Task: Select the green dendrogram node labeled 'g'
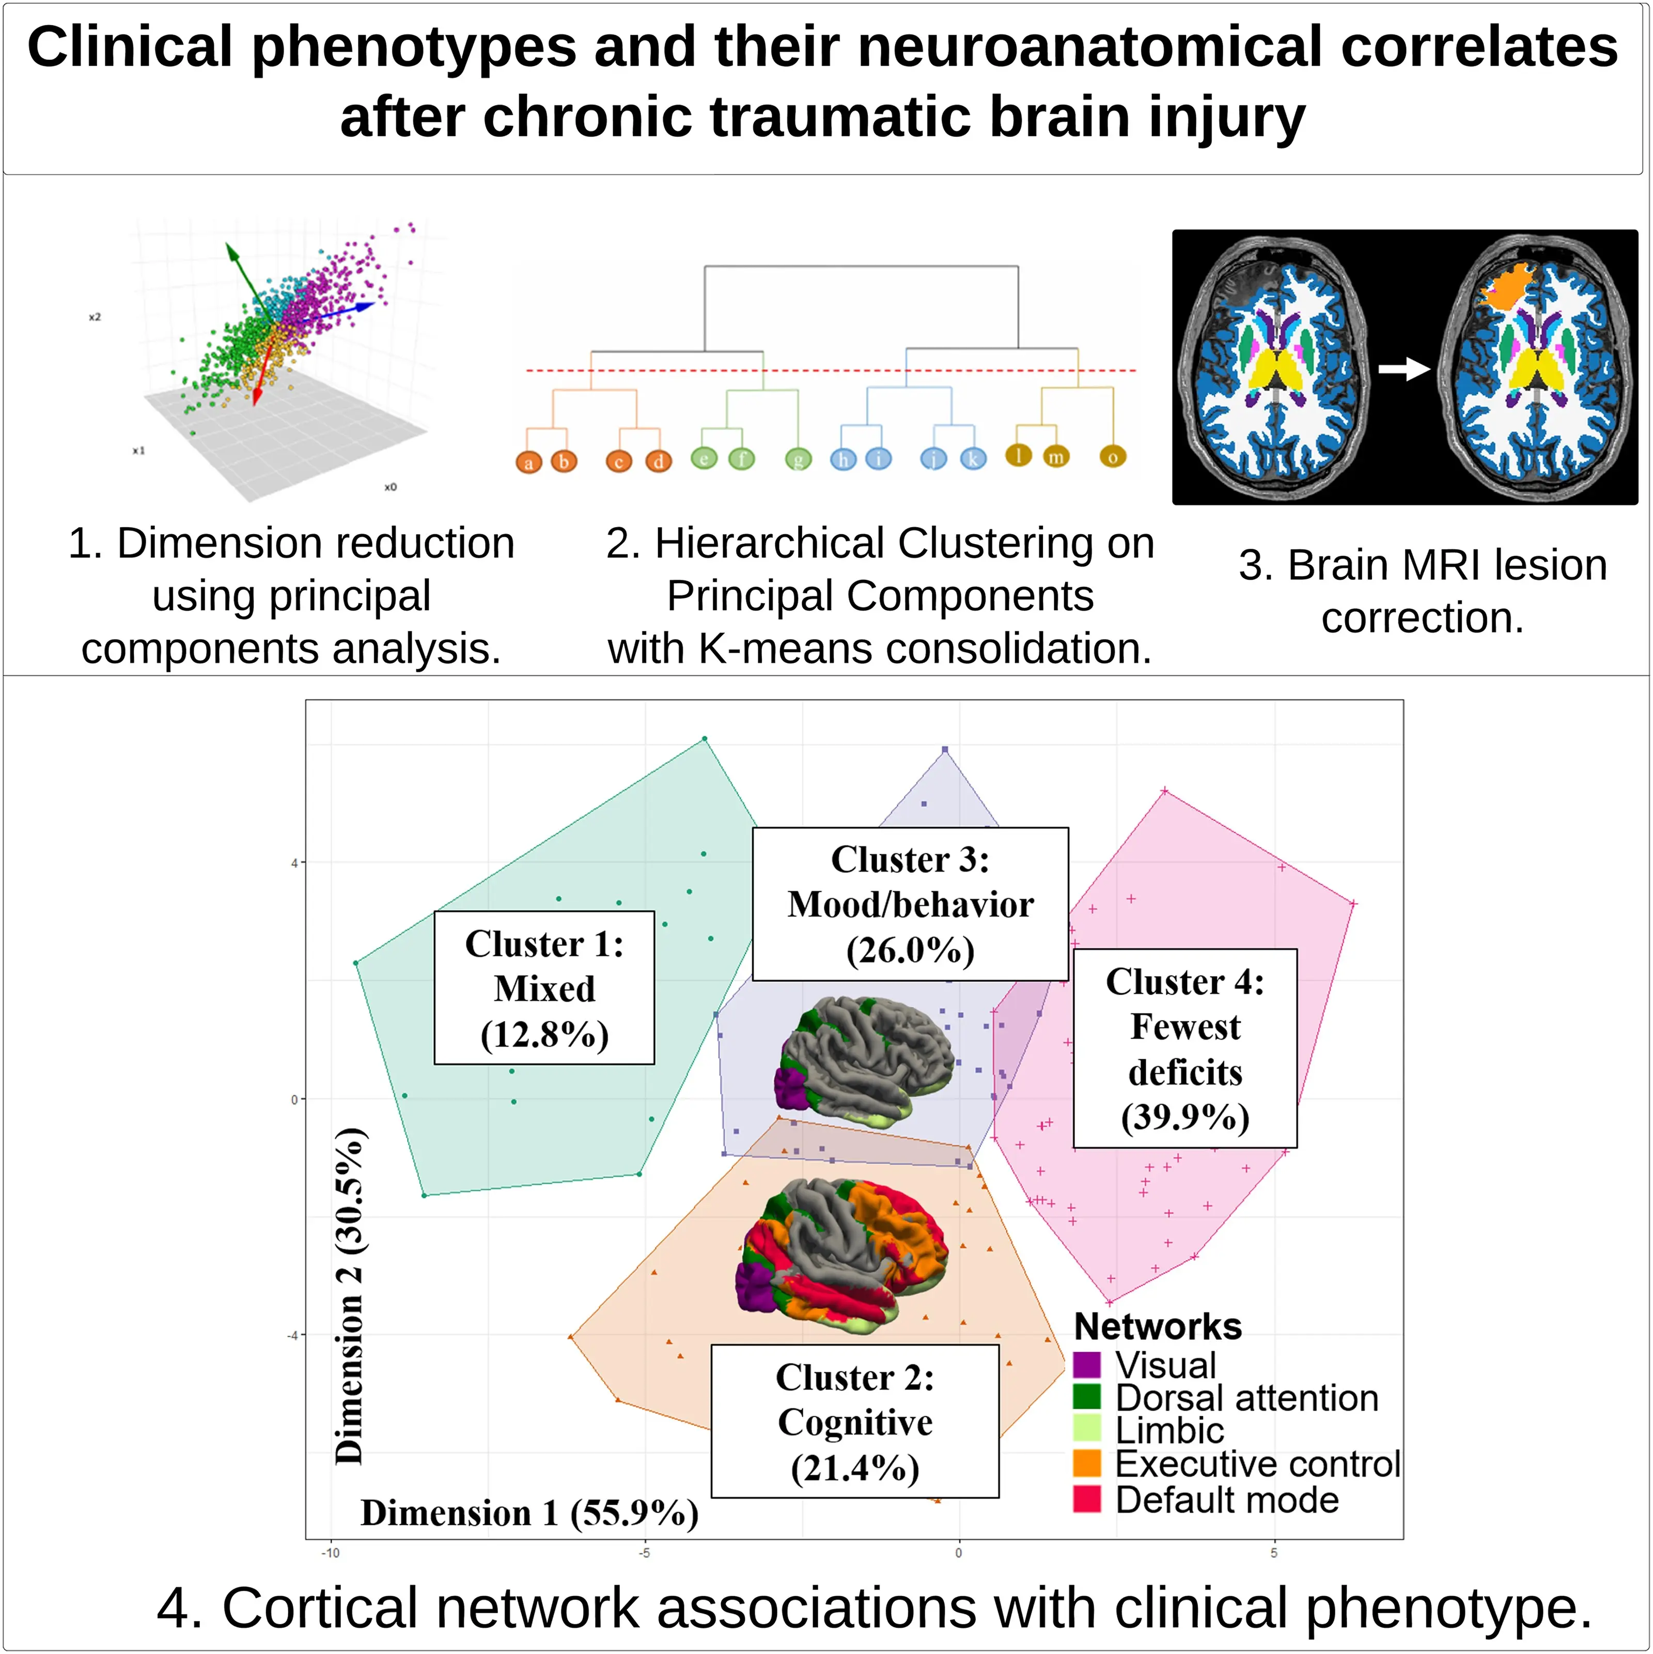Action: coord(798,460)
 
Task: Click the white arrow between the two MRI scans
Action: coord(1404,369)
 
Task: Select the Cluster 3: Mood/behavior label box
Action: coord(910,904)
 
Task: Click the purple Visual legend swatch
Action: coord(1086,1365)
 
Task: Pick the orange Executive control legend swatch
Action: coord(1086,1463)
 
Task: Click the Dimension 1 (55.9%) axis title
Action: coord(529,1513)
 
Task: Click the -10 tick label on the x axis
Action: coord(331,1553)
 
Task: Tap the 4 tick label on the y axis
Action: coord(294,863)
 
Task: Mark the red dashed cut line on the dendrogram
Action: coord(830,370)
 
